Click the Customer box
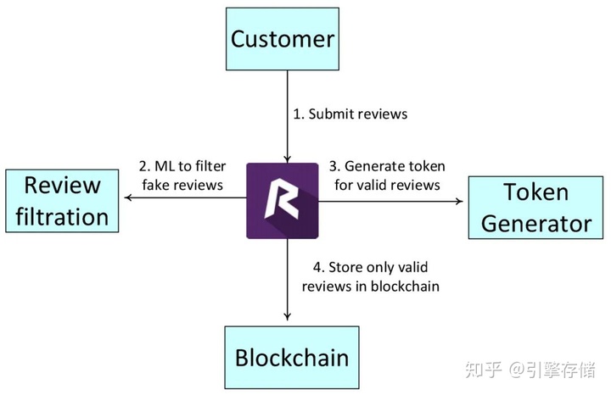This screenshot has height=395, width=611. point(283,38)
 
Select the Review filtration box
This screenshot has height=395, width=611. point(62,201)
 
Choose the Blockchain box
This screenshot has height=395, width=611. point(291,357)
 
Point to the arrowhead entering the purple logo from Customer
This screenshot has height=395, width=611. point(289,157)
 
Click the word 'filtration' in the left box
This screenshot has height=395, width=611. point(62,216)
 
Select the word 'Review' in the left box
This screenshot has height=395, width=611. point(62,185)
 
